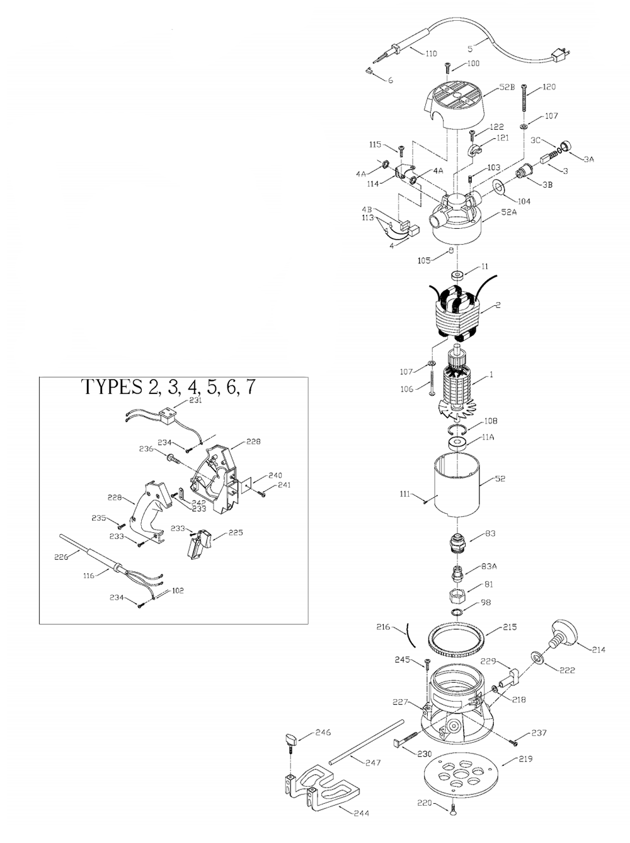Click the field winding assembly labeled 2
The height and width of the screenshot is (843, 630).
point(457,313)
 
